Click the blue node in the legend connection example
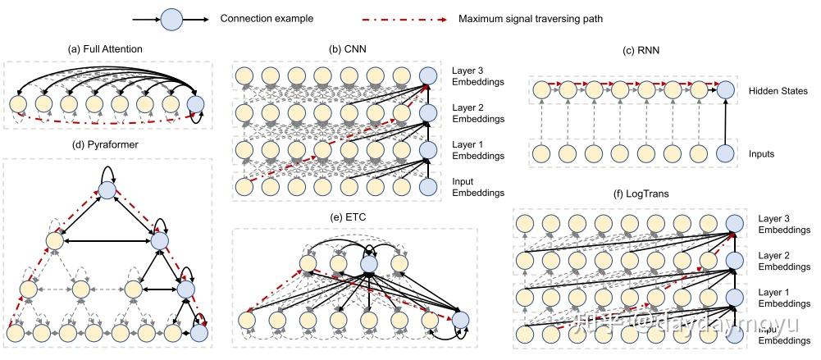pyautogui.click(x=170, y=18)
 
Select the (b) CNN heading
pyautogui.click(x=345, y=50)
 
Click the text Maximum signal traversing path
pyautogui.click(x=530, y=18)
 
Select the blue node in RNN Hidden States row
pyautogui.click(x=724, y=92)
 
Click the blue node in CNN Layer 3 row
pyautogui.click(x=426, y=76)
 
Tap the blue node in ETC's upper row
pyautogui.click(x=368, y=263)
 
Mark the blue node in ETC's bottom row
pyautogui.click(x=460, y=320)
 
